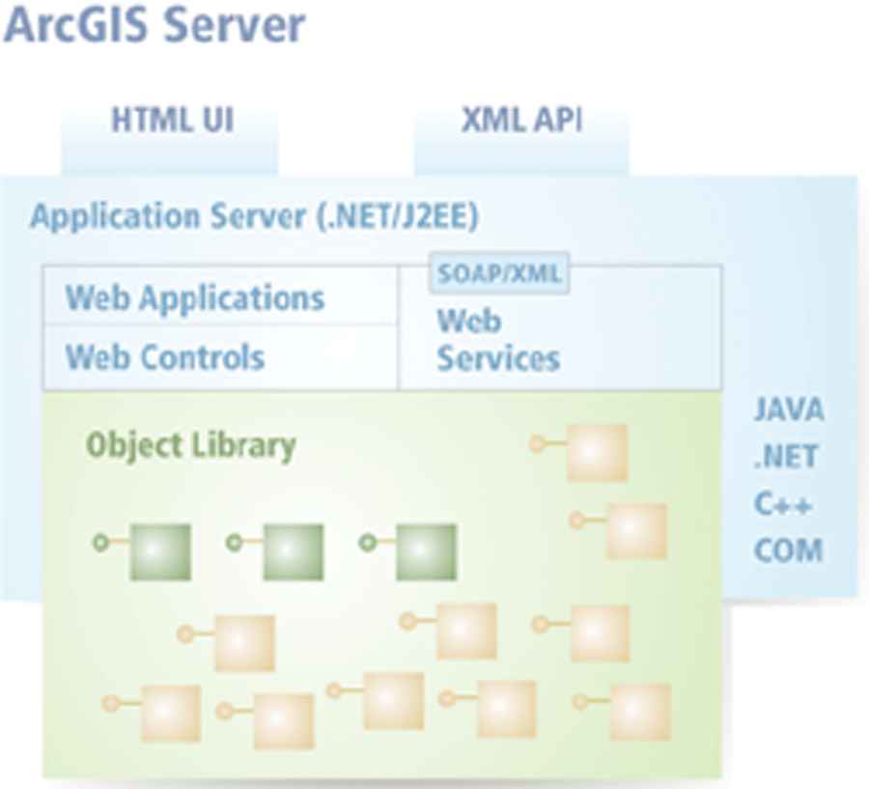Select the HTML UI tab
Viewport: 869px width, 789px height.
pyautogui.click(x=173, y=122)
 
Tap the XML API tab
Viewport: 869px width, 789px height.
pyautogui.click(x=521, y=122)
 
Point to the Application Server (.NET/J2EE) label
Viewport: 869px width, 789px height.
pyautogui.click(x=254, y=216)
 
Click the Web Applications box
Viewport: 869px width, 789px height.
pyautogui.click(x=195, y=297)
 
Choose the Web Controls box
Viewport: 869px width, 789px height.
pyautogui.click(x=165, y=357)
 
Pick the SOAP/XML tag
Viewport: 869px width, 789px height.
pyautogui.click(x=498, y=274)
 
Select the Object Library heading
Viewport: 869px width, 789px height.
pyautogui.click(x=190, y=445)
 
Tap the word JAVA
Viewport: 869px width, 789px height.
pyautogui.click(x=789, y=409)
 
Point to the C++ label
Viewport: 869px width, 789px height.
pyautogui.click(x=783, y=504)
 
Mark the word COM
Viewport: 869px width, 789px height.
pyautogui.click(x=788, y=551)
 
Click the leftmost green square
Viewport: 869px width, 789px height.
pyautogui.click(x=160, y=551)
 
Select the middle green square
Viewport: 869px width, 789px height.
pyautogui.click(x=294, y=551)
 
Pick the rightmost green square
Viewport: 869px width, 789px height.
pyautogui.click(x=426, y=551)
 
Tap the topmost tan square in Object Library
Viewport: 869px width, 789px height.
pyautogui.click(x=597, y=453)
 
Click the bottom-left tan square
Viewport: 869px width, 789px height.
pyautogui.click(x=171, y=714)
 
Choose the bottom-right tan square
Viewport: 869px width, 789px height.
pyautogui.click(x=639, y=713)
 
